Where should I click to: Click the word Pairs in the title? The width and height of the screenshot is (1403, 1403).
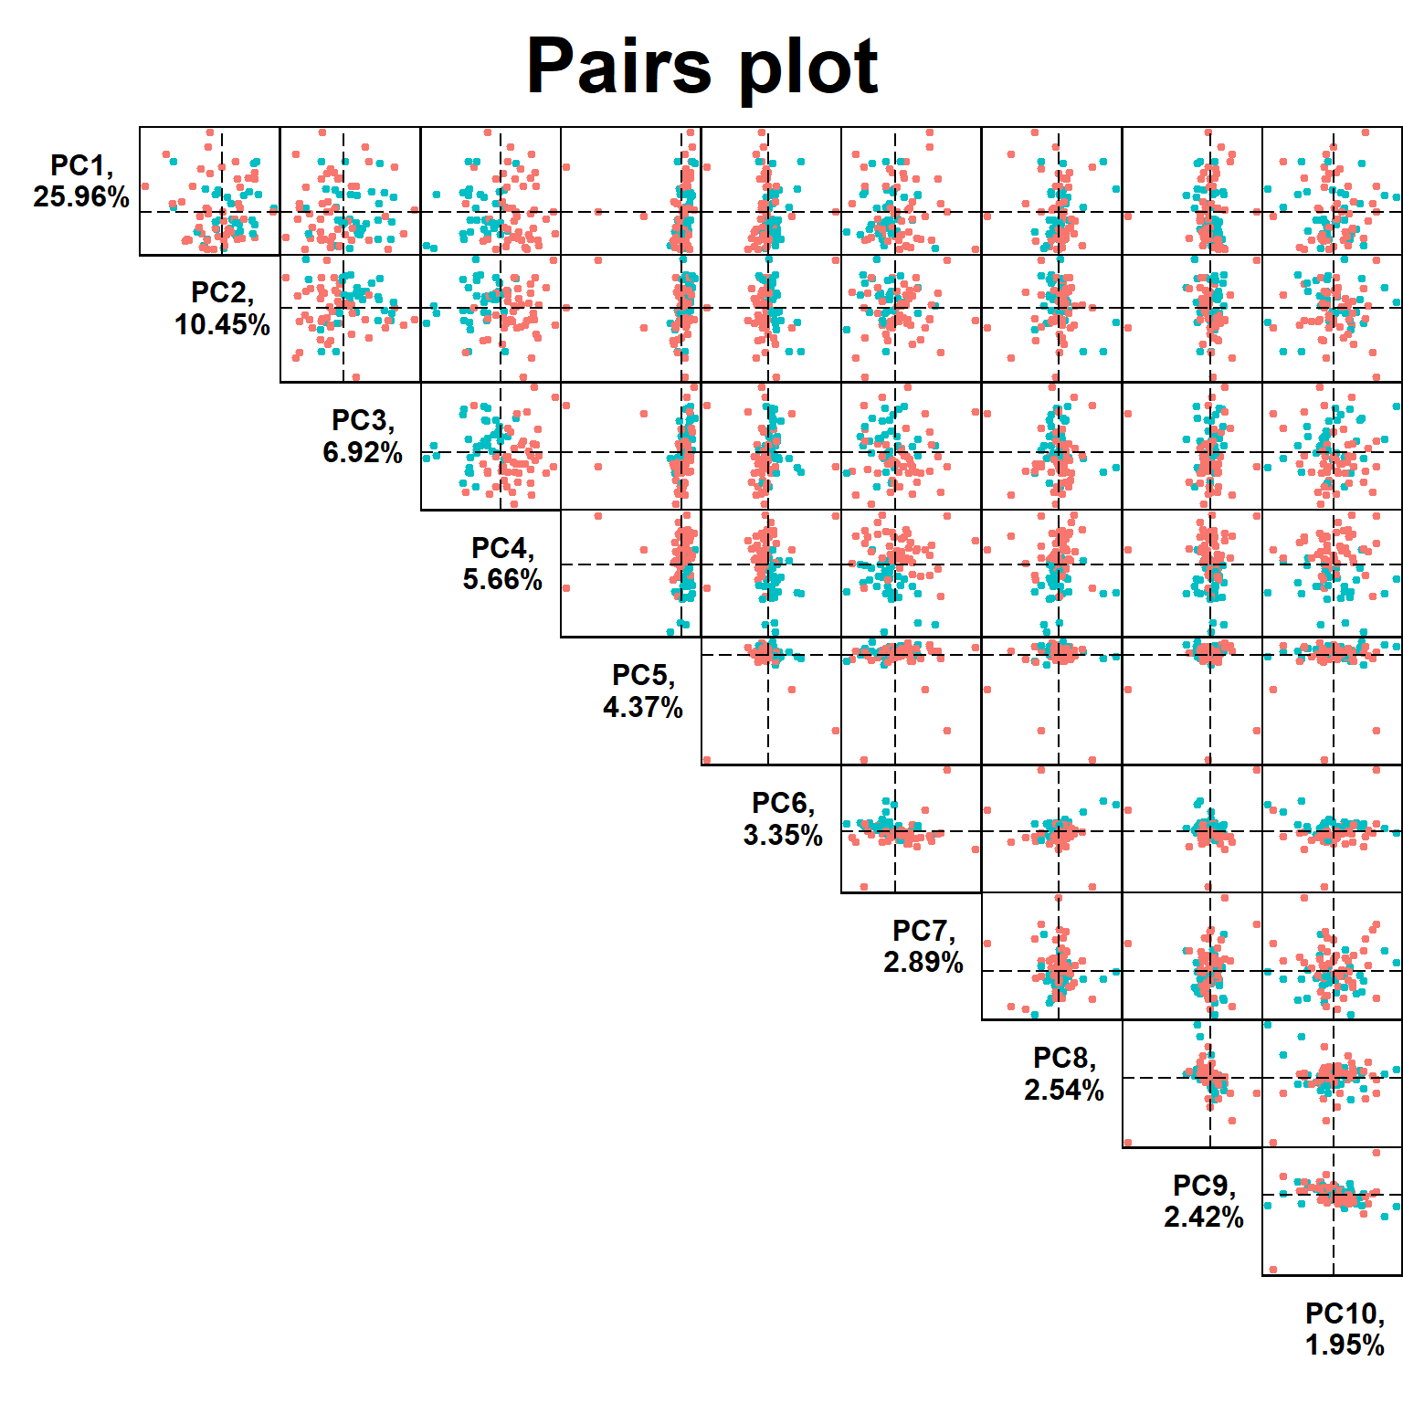point(618,67)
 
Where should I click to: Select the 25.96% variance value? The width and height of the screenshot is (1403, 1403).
point(81,196)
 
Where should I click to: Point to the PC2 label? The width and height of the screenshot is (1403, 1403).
point(221,292)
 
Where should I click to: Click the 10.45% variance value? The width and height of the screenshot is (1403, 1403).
point(222,324)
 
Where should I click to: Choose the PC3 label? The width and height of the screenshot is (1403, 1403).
point(362,420)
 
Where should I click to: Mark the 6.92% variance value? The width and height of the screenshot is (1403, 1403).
point(363,452)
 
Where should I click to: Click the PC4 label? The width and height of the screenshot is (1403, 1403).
point(501,548)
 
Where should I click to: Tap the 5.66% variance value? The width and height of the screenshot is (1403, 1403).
point(502,579)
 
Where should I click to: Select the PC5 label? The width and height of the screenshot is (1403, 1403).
point(642,675)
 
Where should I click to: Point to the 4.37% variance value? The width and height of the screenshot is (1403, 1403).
point(643,707)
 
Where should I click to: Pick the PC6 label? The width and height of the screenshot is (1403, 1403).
point(782,803)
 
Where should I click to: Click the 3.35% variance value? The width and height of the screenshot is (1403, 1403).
point(783,835)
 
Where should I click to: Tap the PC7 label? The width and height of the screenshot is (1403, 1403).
point(923,931)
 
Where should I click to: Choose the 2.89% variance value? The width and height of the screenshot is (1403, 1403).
point(923,962)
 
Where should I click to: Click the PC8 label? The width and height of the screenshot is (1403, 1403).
point(1063,1058)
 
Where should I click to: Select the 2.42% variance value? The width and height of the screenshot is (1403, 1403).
point(1204,1217)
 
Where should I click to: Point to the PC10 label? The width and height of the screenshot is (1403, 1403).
point(1344,1313)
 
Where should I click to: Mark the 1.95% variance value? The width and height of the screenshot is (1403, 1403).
point(1345,1345)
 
